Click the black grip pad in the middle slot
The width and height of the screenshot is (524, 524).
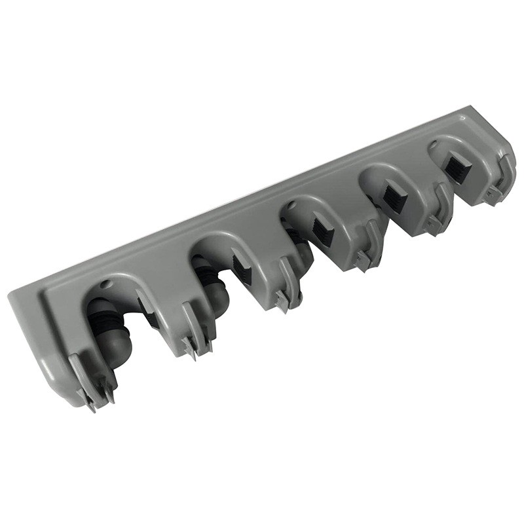pyautogui.click(x=322, y=232)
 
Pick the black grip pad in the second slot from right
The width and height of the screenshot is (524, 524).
pyautogui.click(x=394, y=196)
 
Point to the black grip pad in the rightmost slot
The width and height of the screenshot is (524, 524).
pyautogui.click(x=457, y=166)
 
